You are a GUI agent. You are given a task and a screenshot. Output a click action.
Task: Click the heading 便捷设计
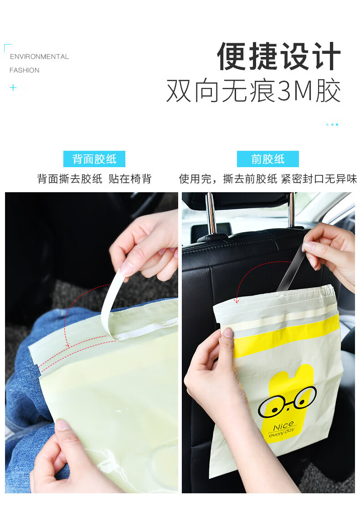click(278, 56)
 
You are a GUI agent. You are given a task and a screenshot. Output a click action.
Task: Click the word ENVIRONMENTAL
click(39, 56)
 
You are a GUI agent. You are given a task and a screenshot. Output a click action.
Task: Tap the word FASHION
click(24, 70)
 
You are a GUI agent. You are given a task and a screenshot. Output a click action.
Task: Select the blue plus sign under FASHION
click(13, 87)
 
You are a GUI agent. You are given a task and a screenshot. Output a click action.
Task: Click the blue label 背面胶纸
click(94, 159)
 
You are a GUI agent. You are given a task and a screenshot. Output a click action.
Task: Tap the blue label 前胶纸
click(268, 159)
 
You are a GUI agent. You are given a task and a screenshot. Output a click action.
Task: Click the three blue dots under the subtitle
click(332, 124)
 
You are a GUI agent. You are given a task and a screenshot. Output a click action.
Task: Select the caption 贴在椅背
click(130, 179)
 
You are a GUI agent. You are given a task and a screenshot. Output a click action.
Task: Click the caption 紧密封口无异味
click(319, 179)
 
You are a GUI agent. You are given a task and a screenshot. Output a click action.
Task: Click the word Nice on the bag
click(283, 426)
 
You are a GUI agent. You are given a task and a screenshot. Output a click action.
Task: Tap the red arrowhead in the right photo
click(237, 301)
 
